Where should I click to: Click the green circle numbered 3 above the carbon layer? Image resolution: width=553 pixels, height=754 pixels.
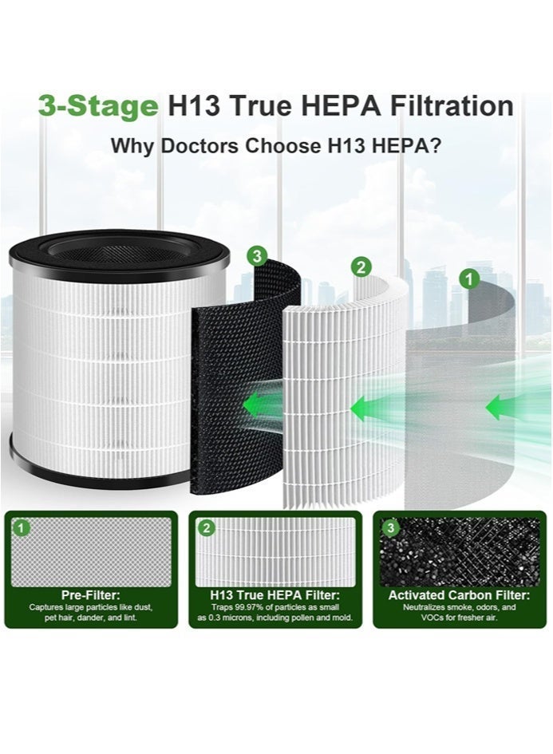(x=256, y=255)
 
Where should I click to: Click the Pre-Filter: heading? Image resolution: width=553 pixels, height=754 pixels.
(x=91, y=595)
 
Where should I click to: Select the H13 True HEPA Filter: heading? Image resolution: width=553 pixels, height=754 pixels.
(x=275, y=595)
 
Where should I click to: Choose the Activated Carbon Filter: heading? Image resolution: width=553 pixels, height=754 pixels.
(x=459, y=595)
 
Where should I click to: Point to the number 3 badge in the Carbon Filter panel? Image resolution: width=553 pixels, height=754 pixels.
(x=390, y=527)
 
